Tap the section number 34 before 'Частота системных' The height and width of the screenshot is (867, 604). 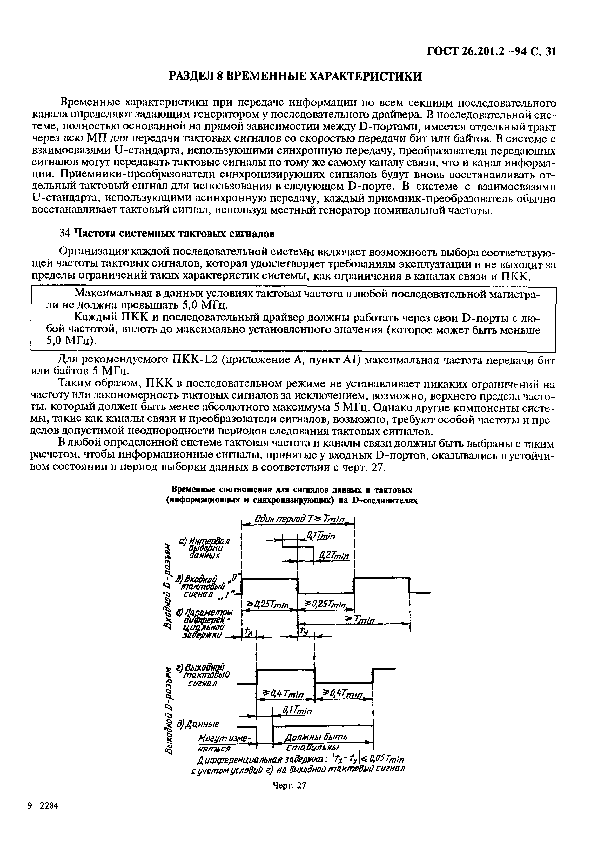tap(65, 234)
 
